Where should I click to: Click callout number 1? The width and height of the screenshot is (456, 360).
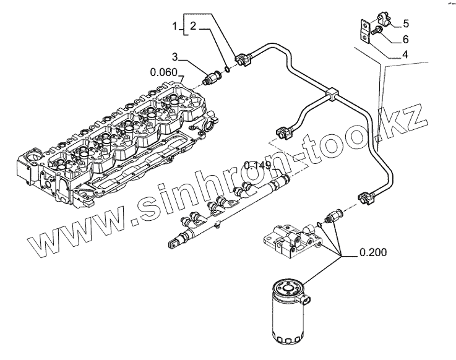pos(176,27)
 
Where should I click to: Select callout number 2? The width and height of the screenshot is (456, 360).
pos(193,27)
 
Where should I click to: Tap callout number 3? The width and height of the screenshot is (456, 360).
pos(176,57)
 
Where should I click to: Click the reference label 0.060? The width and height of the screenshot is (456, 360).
pos(163,71)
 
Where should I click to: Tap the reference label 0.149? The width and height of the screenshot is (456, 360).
pos(257,165)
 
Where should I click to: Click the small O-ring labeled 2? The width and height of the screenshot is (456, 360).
pos(227,69)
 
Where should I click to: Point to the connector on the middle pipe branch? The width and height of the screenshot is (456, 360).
pos(286,131)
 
